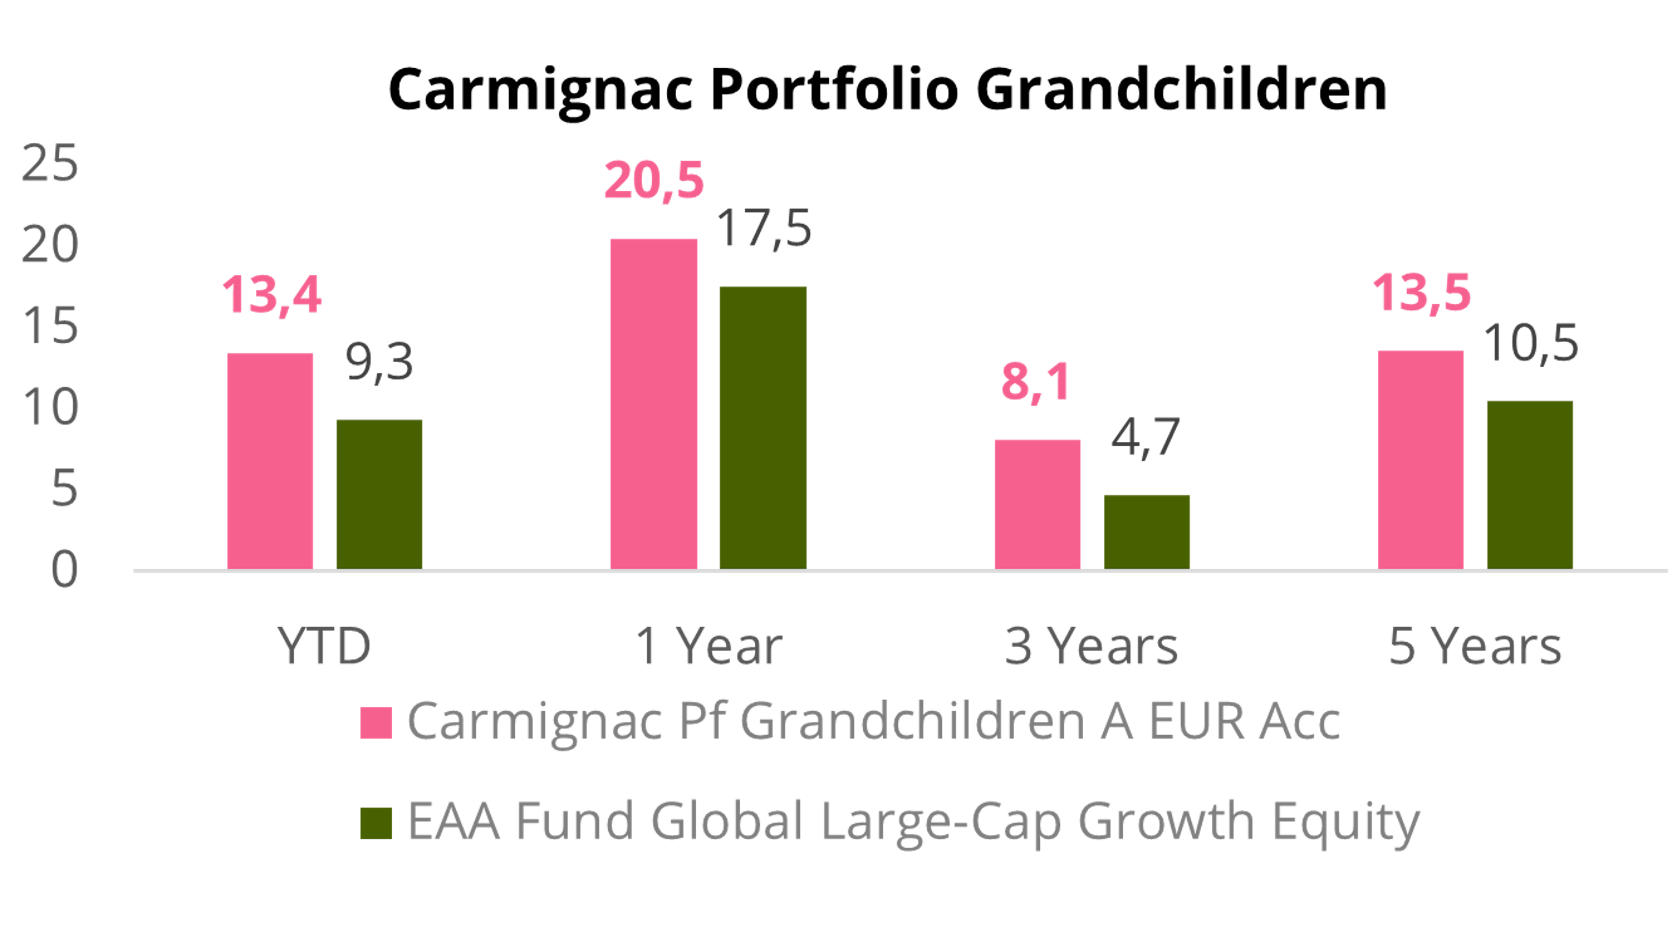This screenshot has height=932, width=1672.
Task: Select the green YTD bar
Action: coord(379,494)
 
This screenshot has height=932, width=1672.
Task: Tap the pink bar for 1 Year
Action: coord(654,404)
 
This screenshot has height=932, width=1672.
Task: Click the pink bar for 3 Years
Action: coord(1038,504)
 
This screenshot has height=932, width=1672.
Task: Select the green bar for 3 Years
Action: coord(1147,532)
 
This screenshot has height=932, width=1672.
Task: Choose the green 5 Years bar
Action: coord(1530,485)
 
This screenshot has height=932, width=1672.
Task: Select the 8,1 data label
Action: coord(1035,383)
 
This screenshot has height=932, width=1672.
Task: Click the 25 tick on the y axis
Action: coord(50,164)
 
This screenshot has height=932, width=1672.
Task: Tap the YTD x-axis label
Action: coord(324,646)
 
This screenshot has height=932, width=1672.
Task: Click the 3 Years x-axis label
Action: coord(1091,646)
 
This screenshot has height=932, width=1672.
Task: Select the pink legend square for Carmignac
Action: coord(377,722)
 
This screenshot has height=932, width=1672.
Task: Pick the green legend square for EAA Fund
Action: coord(377,823)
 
